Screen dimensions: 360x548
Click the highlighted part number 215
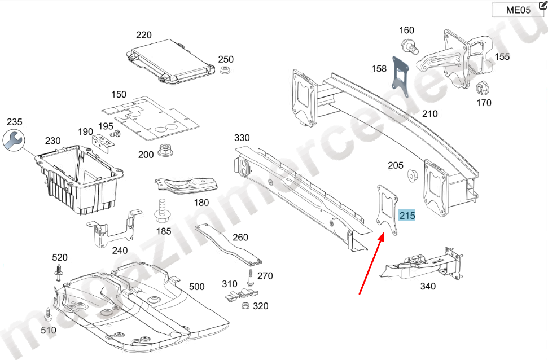406,216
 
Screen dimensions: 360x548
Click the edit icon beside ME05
543,5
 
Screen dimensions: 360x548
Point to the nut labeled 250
224,71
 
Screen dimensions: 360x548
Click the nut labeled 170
482,89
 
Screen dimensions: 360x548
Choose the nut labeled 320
245,306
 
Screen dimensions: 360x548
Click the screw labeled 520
59,273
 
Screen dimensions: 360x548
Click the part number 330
242,138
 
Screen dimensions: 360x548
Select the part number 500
196,287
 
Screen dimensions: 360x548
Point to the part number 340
428,287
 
